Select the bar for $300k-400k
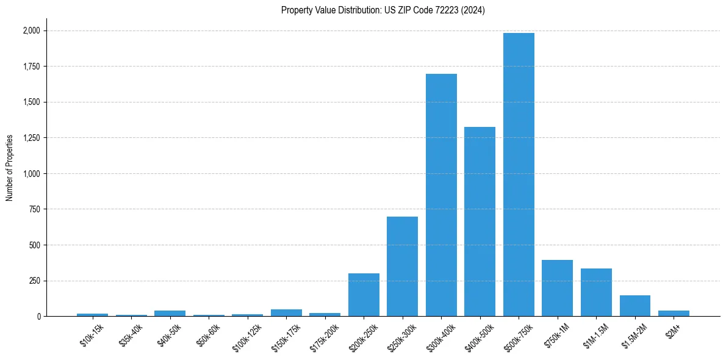(x=441, y=195)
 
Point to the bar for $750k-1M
(x=557, y=288)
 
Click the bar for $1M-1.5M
(x=596, y=292)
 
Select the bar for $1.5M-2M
(x=634, y=306)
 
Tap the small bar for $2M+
(x=674, y=314)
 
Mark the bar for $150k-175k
(x=286, y=313)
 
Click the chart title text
(x=383, y=10)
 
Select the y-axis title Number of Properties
(x=10, y=168)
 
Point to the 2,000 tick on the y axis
(x=31, y=31)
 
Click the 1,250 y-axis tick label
(x=31, y=138)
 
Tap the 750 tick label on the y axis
(x=34, y=209)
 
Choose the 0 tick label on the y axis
(x=38, y=317)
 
